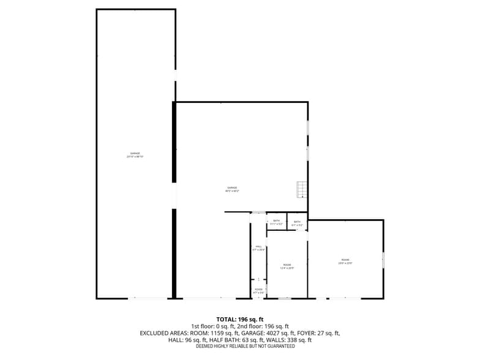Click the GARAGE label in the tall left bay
[135, 153]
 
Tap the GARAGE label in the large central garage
[232, 187]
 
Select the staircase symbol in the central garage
[301, 190]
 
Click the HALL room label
[258, 246]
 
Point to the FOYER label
[258, 290]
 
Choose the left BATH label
[277, 220]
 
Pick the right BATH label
[298, 222]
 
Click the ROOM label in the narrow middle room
[287, 264]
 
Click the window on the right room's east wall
[383, 260]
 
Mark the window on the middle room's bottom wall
[284, 298]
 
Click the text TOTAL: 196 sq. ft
[240, 320]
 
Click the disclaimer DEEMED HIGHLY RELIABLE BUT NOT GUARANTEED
[245, 347]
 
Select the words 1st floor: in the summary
[203, 326]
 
